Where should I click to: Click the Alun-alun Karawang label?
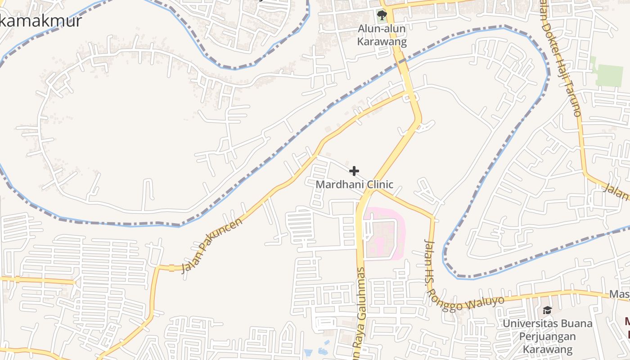382,36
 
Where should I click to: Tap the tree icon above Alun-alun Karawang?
382,15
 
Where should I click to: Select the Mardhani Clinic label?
354,184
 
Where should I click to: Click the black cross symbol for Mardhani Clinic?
354,171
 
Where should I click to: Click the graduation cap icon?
547,310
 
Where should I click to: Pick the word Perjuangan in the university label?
547,337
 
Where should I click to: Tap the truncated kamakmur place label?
40,21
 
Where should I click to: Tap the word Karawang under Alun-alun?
382,42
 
